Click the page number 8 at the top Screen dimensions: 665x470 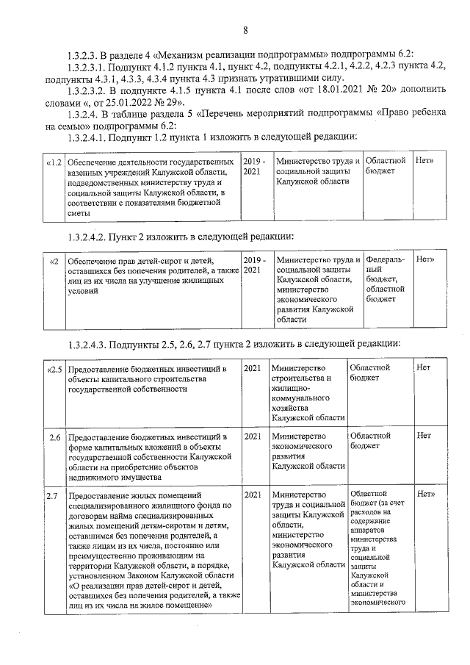coord(245,30)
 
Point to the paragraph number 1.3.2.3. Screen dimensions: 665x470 coord(82,56)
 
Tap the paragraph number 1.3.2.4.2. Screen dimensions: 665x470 coord(89,237)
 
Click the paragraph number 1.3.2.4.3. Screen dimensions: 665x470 coord(89,343)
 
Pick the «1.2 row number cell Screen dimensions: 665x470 coord(53,161)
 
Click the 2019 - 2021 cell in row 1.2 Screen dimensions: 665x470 coord(253,165)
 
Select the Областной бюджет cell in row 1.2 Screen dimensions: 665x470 coord(385,165)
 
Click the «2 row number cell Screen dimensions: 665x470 coord(53,260)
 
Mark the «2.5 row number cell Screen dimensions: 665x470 coord(53,367)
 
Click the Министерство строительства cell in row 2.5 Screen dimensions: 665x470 coord(305,392)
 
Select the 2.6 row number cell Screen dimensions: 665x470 coord(54,436)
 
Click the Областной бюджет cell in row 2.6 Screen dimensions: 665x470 coord(371,441)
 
